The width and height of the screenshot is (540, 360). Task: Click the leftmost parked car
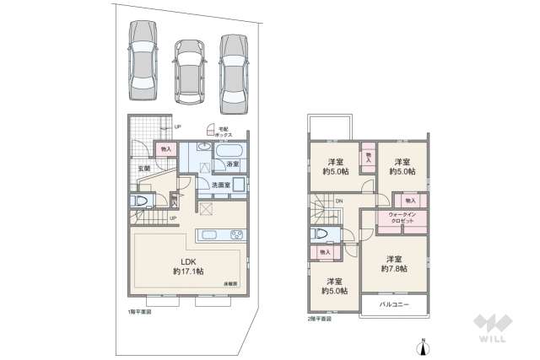point(141,60)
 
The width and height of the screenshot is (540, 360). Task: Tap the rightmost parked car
point(232,72)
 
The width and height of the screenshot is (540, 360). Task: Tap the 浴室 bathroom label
point(234,164)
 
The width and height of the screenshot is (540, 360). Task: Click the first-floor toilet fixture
point(140,201)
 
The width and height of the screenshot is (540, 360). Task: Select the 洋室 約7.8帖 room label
point(394,263)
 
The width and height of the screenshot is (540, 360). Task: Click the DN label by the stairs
point(338,200)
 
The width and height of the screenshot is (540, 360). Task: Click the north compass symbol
point(424,344)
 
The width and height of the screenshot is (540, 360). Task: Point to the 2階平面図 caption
point(318,320)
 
